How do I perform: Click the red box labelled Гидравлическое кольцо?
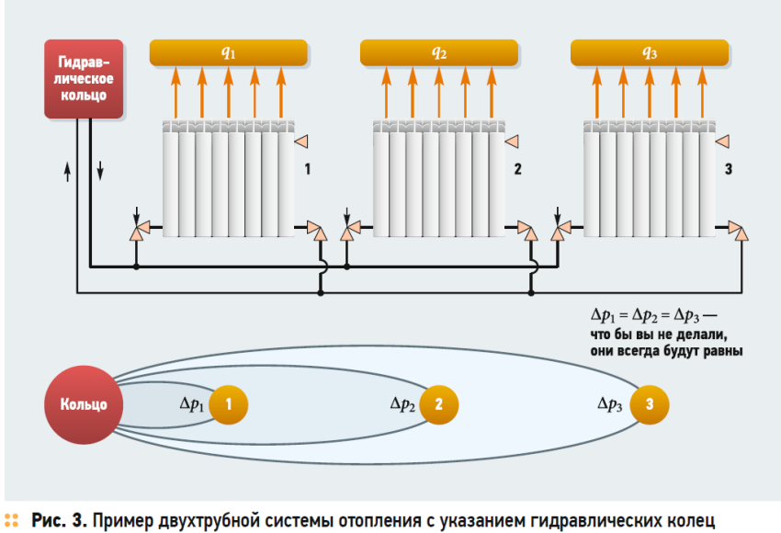tap(84, 79)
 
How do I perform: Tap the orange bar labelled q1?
tap(229, 52)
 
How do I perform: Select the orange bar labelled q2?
tap(439, 52)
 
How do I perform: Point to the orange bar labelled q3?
tap(650, 52)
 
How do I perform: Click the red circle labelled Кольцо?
tap(84, 403)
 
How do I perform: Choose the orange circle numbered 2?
tap(439, 403)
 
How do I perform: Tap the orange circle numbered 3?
tap(650, 403)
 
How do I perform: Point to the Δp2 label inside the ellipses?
tap(402, 403)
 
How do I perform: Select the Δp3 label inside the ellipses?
tap(611, 403)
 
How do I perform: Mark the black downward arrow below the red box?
tap(100, 171)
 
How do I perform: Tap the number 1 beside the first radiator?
tap(308, 171)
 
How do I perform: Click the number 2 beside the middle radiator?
tap(518, 171)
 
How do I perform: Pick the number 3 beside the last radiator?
tap(729, 171)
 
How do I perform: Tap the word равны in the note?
tap(723, 350)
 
